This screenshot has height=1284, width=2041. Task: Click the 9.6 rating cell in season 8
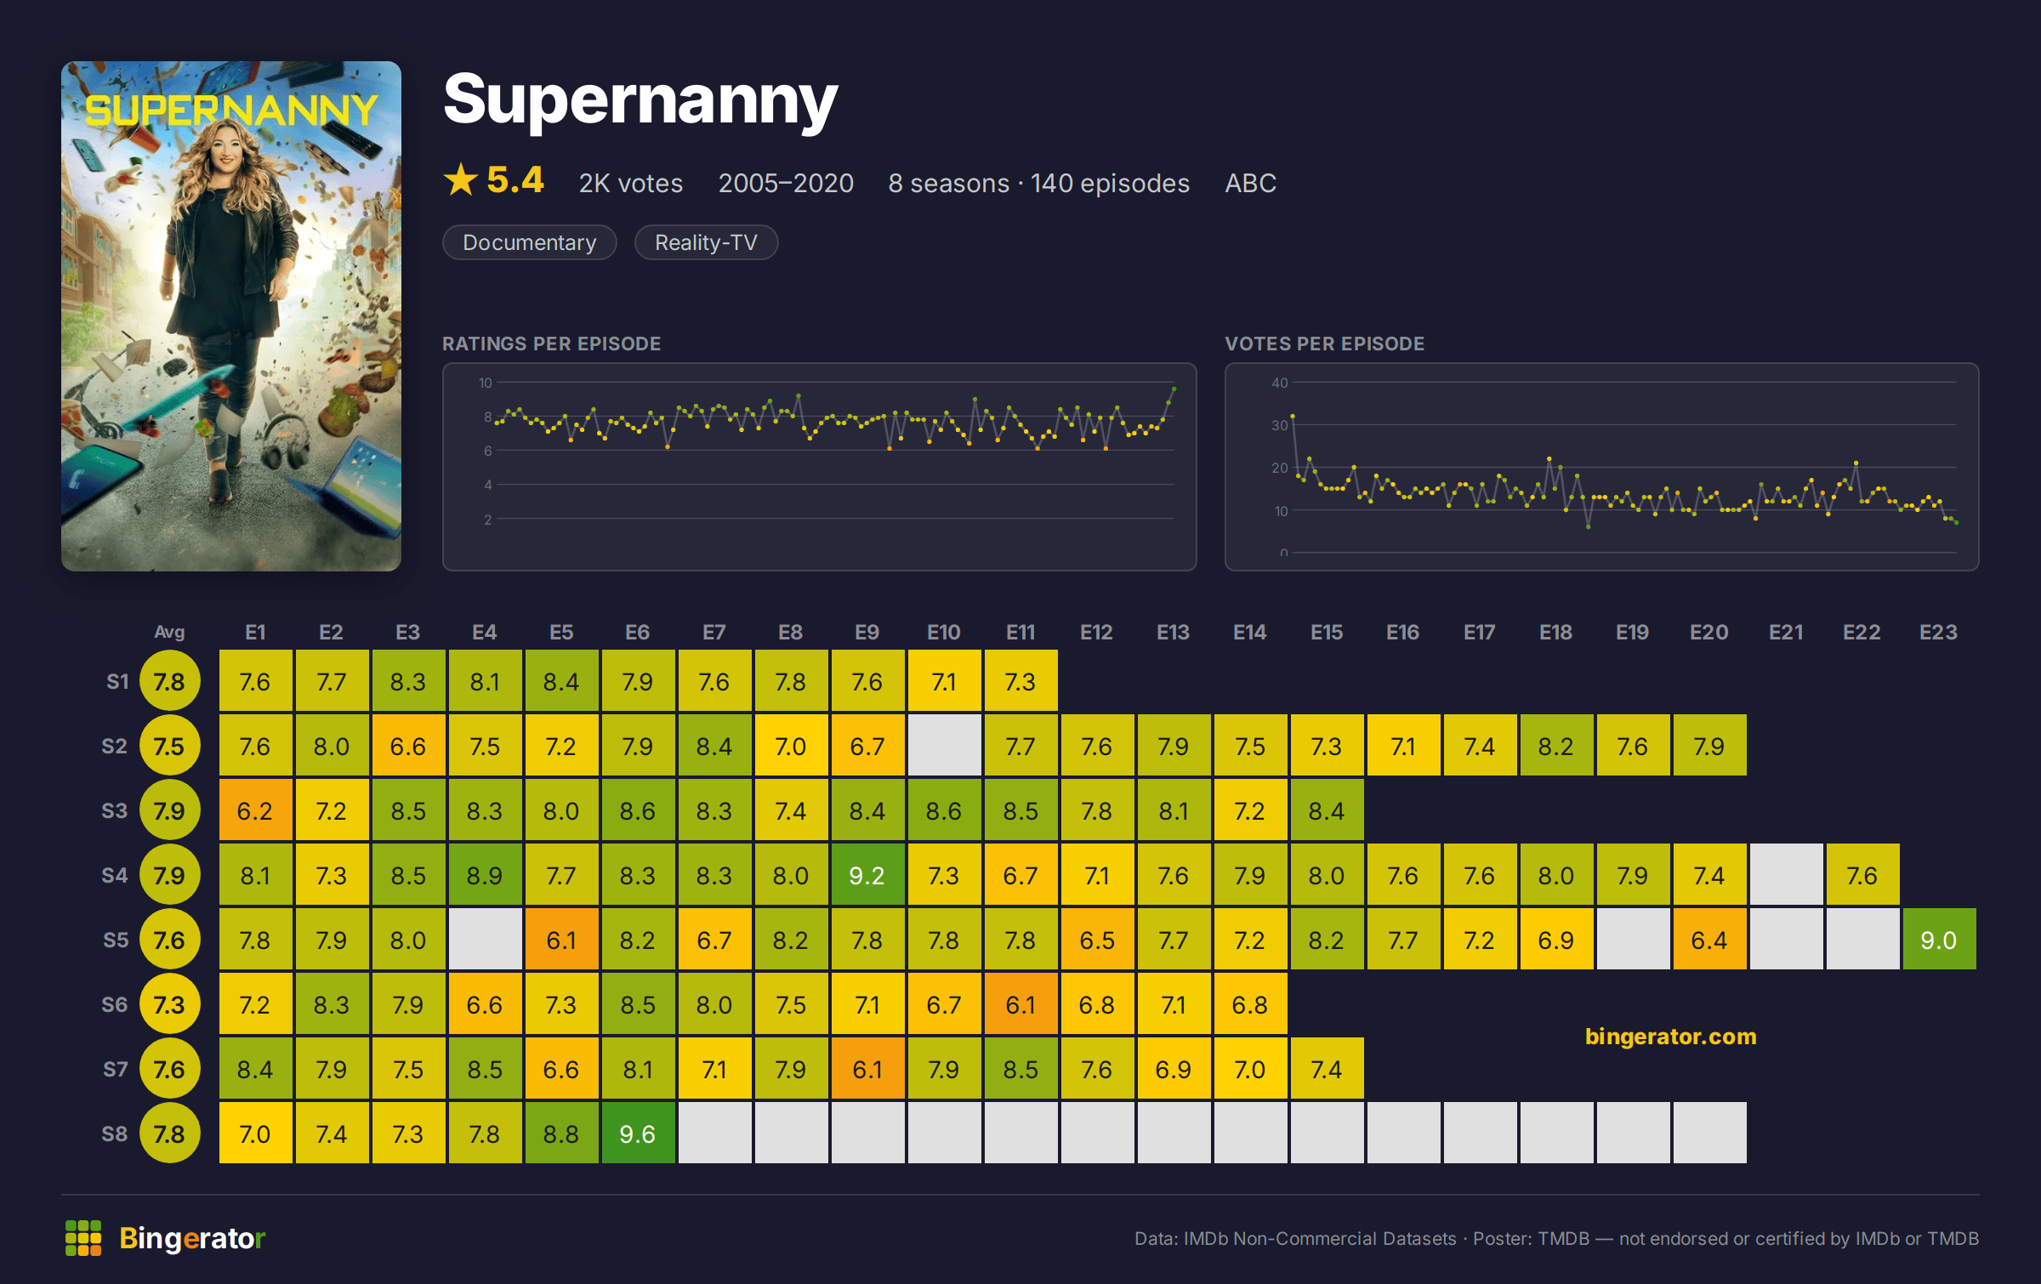click(x=638, y=1133)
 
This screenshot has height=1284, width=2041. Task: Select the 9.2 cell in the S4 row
click(x=867, y=874)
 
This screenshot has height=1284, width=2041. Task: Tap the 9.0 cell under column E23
click(x=1939, y=939)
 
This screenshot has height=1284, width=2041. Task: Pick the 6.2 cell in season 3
click(x=255, y=810)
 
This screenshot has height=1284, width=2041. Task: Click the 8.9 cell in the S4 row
click(x=485, y=874)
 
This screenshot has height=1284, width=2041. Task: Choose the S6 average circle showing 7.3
click(x=169, y=1004)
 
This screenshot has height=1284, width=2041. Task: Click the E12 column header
click(x=1096, y=632)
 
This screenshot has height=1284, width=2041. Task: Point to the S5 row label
click(x=116, y=940)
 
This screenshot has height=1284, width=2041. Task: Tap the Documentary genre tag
click(x=529, y=242)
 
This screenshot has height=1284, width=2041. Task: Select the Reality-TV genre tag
click(x=706, y=242)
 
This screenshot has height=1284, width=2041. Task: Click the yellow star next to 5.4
click(x=461, y=179)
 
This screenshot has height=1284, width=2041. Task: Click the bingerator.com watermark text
click(x=1670, y=1036)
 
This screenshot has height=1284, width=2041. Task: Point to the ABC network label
click(x=1250, y=183)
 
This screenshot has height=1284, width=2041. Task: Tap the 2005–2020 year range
click(x=786, y=183)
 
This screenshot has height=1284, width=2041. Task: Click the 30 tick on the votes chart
click(x=1279, y=425)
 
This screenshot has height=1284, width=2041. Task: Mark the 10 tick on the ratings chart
click(x=485, y=383)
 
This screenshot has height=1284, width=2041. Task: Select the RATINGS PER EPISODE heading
click(x=551, y=344)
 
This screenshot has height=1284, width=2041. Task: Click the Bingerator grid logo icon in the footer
click(x=83, y=1238)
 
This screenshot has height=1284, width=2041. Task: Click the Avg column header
click(x=169, y=632)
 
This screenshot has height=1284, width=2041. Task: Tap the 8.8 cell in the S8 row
click(x=561, y=1133)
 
